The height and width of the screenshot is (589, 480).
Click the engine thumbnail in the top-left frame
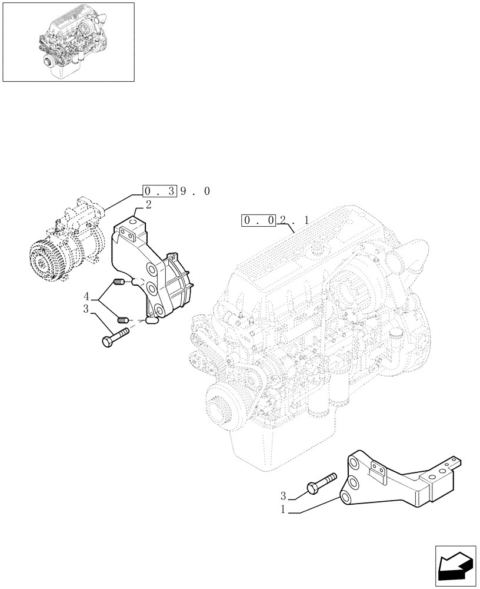coord(68,42)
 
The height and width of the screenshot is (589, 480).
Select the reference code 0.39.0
coord(176,191)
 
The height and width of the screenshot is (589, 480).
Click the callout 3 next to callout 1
coord(284,496)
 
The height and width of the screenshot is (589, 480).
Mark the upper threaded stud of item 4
coord(120,282)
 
